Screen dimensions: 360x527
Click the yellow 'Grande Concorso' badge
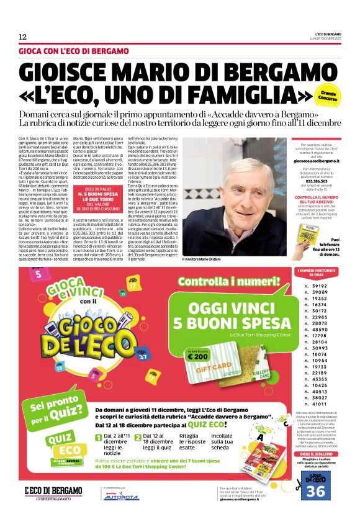tap(328, 96)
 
